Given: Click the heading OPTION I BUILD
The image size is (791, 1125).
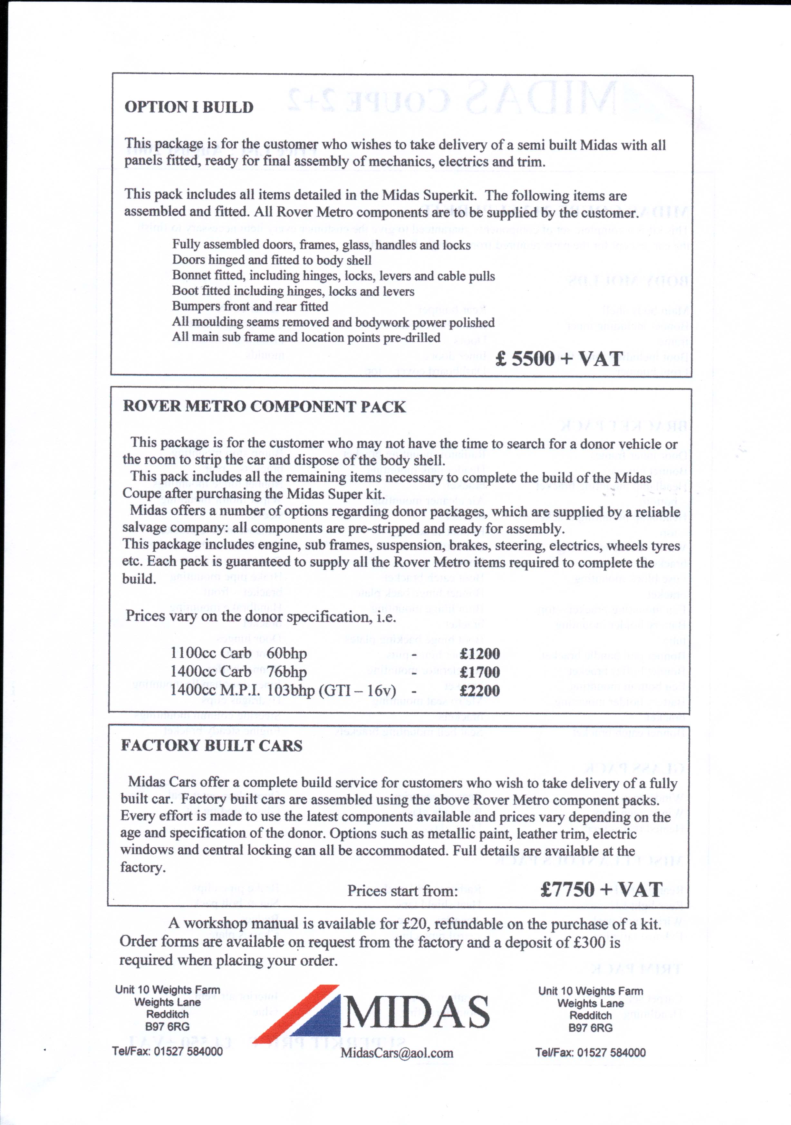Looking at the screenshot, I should [x=189, y=107].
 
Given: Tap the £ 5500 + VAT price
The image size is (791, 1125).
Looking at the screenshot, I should [x=559, y=359].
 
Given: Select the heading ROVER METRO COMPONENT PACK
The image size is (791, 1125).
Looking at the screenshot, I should [x=264, y=407].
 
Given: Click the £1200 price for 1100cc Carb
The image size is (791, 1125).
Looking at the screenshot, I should [x=480, y=653].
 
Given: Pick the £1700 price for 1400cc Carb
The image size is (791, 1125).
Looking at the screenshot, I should [x=480, y=672].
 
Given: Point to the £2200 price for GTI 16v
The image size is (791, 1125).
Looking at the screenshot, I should [x=480, y=691].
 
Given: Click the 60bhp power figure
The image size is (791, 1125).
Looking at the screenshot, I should [x=287, y=653].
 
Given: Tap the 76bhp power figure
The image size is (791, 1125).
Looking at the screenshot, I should [x=287, y=672].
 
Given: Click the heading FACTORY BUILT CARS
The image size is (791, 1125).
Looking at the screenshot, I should [x=212, y=746].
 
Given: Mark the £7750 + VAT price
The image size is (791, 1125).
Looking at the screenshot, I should [x=601, y=889].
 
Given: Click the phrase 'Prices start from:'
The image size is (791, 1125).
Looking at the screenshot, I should [x=402, y=891].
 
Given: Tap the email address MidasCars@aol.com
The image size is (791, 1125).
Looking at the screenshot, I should [x=397, y=1053].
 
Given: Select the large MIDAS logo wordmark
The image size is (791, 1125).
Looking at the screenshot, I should [x=417, y=1013].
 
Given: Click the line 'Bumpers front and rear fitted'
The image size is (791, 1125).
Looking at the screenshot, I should [x=250, y=307].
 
